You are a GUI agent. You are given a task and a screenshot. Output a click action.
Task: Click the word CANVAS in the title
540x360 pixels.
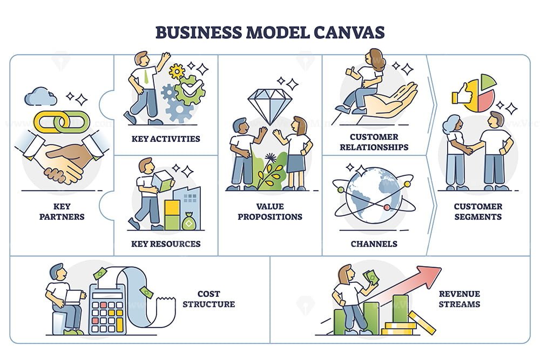[x=349, y=32]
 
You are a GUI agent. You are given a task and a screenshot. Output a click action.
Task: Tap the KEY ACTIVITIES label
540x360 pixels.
[x=166, y=139]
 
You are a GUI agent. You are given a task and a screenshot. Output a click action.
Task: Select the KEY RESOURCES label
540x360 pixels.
[x=166, y=244]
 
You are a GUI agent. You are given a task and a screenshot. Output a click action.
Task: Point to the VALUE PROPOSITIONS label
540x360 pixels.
[x=270, y=212]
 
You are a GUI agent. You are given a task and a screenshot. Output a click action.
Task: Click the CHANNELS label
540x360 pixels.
[x=374, y=244]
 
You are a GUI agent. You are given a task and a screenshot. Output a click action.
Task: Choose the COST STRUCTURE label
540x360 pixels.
[x=208, y=298]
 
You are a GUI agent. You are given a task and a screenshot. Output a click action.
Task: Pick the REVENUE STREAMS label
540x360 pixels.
[x=460, y=298]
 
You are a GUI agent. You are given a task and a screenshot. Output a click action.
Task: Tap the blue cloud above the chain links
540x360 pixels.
[x=40, y=97]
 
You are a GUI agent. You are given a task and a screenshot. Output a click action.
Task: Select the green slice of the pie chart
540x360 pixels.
[x=488, y=81]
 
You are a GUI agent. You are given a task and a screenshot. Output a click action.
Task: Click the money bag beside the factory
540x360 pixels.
[x=188, y=221]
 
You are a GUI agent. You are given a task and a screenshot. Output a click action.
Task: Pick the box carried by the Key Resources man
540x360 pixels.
[x=161, y=181]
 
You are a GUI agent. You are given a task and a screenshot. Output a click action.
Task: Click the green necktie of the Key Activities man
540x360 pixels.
[x=146, y=77]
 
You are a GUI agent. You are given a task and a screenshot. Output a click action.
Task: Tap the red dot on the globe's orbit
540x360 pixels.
[x=387, y=207]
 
